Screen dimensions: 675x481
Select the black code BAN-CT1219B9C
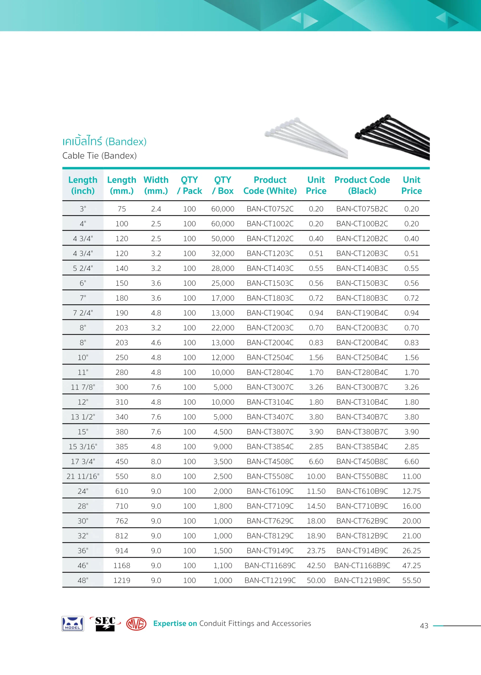pos(362,580)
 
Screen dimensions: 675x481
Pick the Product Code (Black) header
pos(362,185)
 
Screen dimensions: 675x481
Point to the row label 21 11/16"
pos(83,476)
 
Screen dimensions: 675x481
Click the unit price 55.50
pos(411,580)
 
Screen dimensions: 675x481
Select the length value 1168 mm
pos(122,565)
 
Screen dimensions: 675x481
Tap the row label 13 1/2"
pos(83,417)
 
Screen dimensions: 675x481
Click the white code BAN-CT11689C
pos(270,565)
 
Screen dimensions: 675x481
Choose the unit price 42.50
pos(316,565)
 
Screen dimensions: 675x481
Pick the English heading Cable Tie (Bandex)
pos(100,156)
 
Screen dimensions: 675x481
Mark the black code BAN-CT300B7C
pos(362,387)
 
